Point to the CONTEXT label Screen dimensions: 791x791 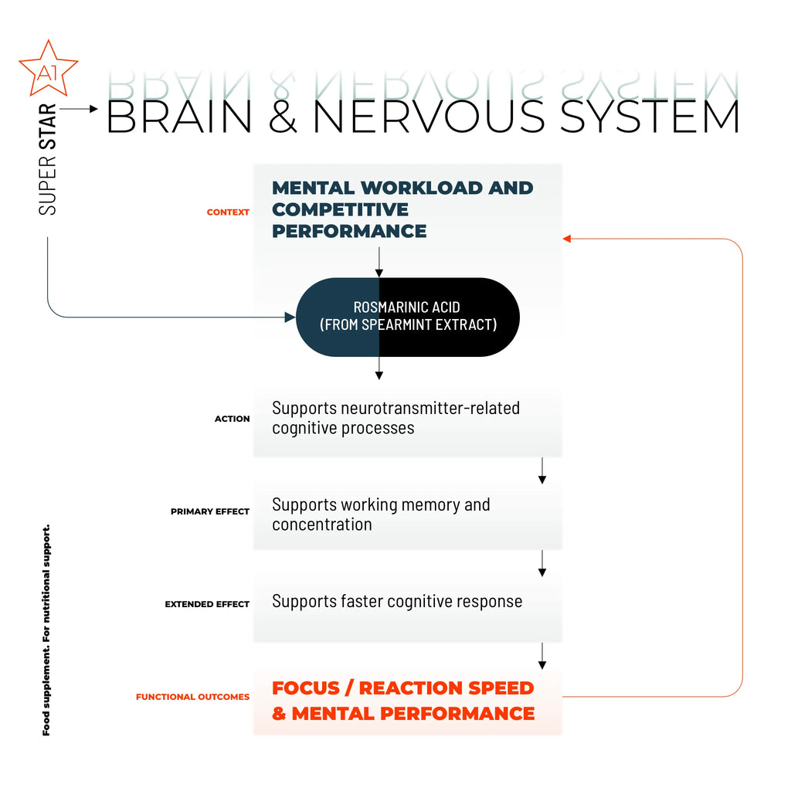pos(228,212)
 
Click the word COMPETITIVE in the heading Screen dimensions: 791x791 pos(340,209)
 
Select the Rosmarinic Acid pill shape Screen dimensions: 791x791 pos(408,317)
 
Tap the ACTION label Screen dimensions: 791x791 pos(232,419)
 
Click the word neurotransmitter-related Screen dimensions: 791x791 pos(430,408)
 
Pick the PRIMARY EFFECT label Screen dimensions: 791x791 pos(210,511)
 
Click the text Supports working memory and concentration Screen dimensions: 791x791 pos(381,514)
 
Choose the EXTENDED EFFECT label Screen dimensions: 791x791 pos(207,604)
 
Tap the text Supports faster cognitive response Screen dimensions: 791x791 pos(397,601)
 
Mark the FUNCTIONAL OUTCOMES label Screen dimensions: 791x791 pos(192,697)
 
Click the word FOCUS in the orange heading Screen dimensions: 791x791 pos(307,687)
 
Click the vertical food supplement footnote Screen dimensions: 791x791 pos(46,630)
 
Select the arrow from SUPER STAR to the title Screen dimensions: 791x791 pos(79,109)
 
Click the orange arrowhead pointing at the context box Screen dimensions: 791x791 pos(567,239)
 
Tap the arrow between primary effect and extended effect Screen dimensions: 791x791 pos(542,563)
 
